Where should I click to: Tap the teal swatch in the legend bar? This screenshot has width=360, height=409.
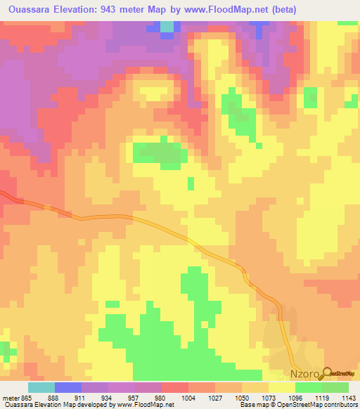pos(41,388)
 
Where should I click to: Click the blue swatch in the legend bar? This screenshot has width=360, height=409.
pos(68,388)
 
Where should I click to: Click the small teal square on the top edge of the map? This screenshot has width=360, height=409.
pos(167,27)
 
